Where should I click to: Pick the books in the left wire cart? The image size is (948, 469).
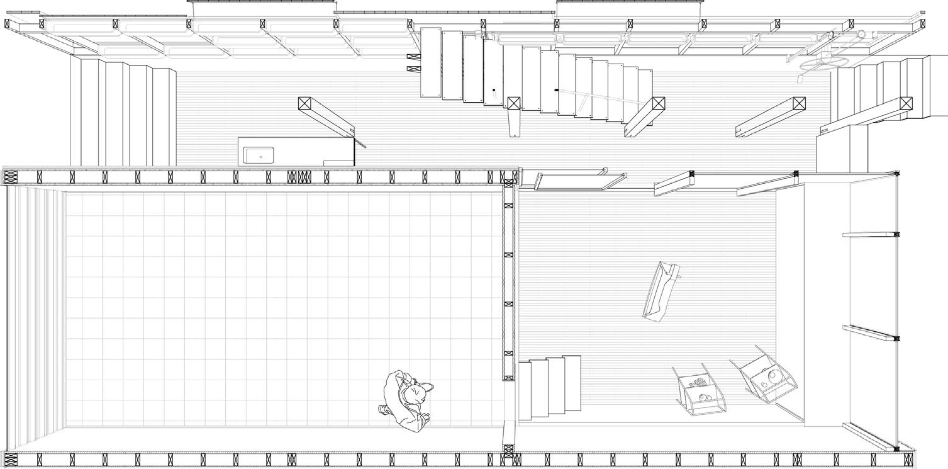click(696, 382)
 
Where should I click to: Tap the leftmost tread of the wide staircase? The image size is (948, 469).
click(431, 63)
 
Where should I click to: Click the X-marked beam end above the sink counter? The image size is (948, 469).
click(305, 104)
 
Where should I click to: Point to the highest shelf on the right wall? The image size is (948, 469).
click(870, 235)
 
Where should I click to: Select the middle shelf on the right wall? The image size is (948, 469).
click(870, 332)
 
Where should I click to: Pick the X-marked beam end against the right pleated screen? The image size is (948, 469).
click(906, 104)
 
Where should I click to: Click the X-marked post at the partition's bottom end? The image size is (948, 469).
click(509, 451)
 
